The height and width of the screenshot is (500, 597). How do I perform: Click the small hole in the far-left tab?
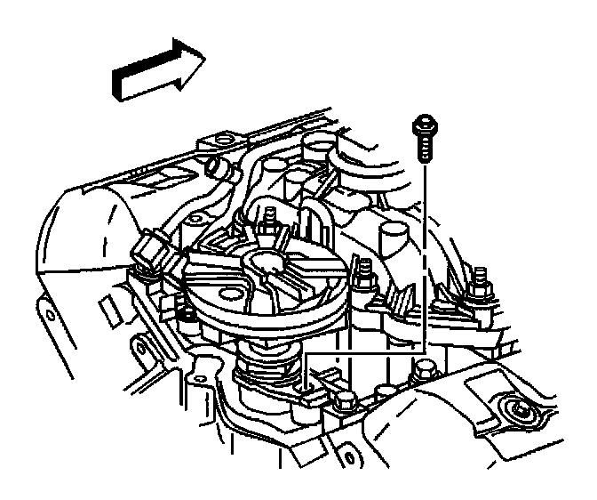click(x=52, y=316)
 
